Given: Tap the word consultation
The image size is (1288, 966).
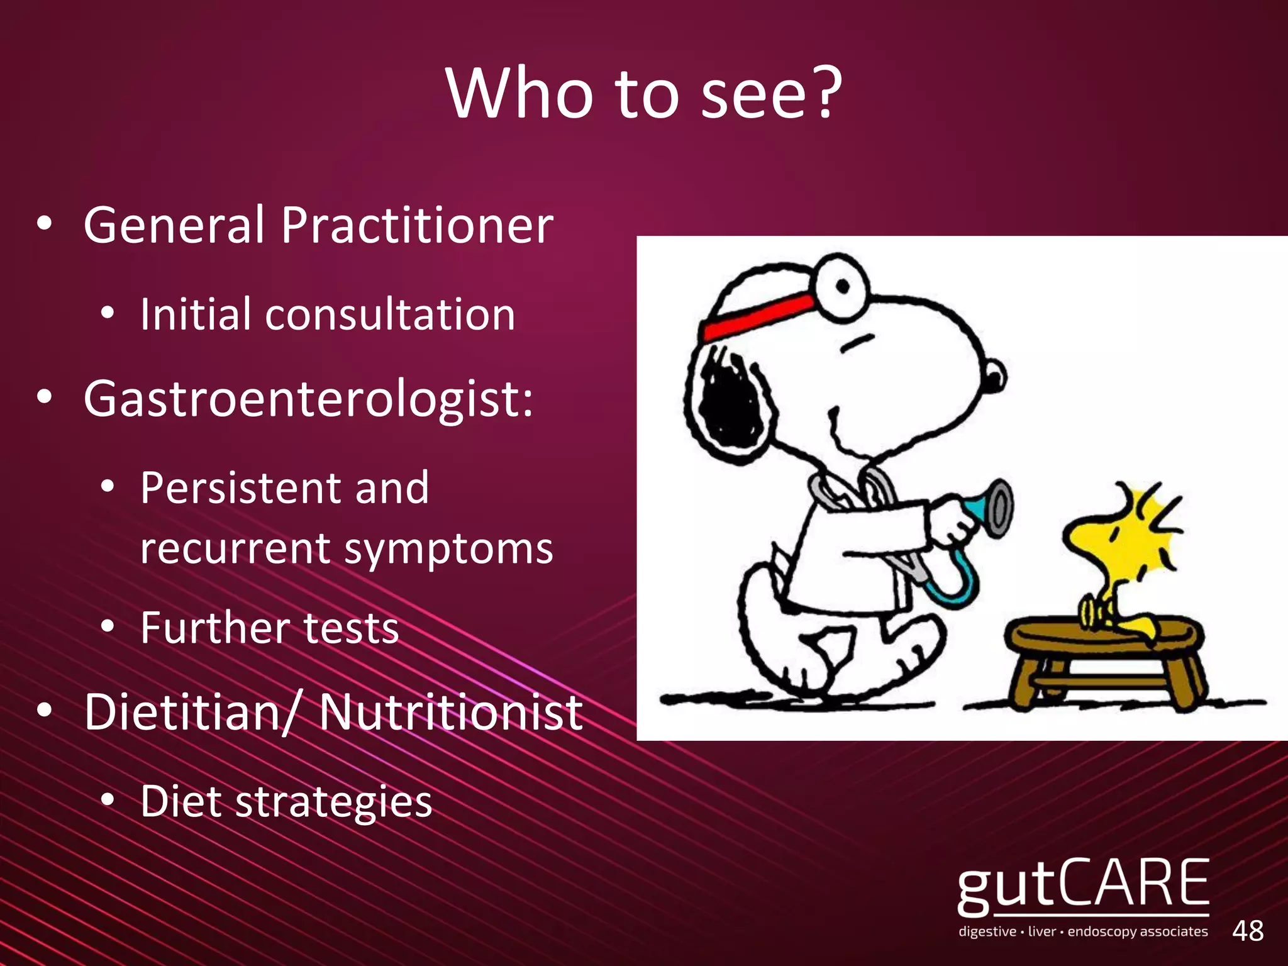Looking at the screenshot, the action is [x=390, y=314].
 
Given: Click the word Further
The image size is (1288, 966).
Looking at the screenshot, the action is [x=214, y=628].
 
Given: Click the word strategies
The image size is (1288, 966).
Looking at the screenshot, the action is [x=333, y=802].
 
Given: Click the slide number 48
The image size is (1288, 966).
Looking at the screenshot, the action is [x=1248, y=931].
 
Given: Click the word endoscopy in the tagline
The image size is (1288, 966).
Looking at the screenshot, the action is [x=1102, y=931].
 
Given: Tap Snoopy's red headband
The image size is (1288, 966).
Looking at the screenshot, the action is [x=758, y=318].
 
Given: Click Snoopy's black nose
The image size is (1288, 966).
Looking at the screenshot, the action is [x=994, y=377].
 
